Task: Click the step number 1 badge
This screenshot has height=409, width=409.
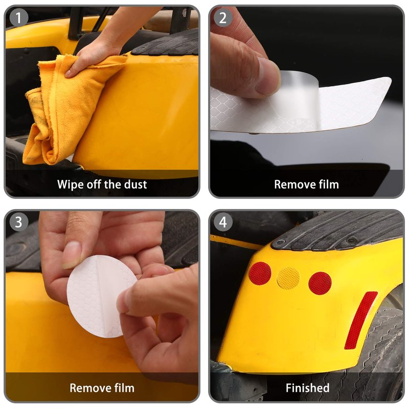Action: (18, 18)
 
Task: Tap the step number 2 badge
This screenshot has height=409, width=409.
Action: (223, 18)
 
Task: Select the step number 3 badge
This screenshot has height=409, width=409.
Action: (18, 222)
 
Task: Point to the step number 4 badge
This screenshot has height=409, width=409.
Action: (223, 222)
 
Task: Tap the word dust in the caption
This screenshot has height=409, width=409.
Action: (135, 185)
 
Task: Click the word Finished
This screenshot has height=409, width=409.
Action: (308, 388)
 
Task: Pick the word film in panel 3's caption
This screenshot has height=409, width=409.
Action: (123, 388)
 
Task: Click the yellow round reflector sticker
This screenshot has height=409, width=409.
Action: (288, 278)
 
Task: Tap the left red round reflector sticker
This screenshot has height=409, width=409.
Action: (260, 274)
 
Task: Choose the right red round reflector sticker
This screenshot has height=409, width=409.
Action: (320, 283)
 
